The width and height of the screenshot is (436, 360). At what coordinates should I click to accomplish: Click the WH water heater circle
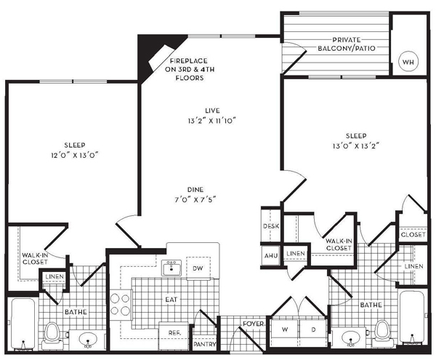pyautogui.click(x=408, y=62)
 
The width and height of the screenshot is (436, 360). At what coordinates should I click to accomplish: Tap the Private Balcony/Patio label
pyautogui.click(x=347, y=44)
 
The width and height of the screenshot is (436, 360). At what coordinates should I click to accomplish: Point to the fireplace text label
pyautogui.click(x=190, y=69)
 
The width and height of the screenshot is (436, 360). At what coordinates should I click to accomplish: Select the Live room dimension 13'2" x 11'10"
pyautogui.click(x=212, y=121)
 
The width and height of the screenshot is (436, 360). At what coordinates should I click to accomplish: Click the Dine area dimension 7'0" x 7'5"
pyautogui.click(x=195, y=199)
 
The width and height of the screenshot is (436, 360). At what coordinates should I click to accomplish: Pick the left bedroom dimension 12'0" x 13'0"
pyautogui.click(x=75, y=155)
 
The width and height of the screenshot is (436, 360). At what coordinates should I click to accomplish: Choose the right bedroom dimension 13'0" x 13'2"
pyautogui.click(x=356, y=145)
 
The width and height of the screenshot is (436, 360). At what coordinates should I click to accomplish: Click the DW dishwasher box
pyautogui.click(x=198, y=268)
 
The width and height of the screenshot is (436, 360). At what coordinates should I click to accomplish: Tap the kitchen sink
pyautogui.click(x=171, y=268)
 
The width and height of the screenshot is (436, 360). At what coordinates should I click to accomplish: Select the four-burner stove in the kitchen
pyautogui.click(x=121, y=305)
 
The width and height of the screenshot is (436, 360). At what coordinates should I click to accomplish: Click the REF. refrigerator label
pyautogui.click(x=174, y=333)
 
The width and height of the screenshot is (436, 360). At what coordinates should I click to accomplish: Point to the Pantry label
pyautogui.click(x=205, y=344)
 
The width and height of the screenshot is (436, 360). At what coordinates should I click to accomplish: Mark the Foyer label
pyautogui.click(x=254, y=324)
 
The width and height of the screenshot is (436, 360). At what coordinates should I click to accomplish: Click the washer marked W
pyautogui.click(x=285, y=330)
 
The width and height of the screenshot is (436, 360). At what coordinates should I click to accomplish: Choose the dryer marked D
pyautogui.click(x=313, y=330)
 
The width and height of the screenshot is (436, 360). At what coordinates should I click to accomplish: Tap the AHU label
pyautogui.click(x=271, y=255)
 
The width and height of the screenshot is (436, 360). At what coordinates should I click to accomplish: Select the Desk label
pyautogui.click(x=271, y=226)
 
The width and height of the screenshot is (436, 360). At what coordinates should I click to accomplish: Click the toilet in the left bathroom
pyautogui.click(x=52, y=335)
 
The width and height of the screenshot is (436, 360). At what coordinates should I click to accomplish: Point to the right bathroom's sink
pyautogui.click(x=350, y=337)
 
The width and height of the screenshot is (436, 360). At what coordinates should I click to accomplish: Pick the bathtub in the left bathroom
pyautogui.click(x=23, y=324)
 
